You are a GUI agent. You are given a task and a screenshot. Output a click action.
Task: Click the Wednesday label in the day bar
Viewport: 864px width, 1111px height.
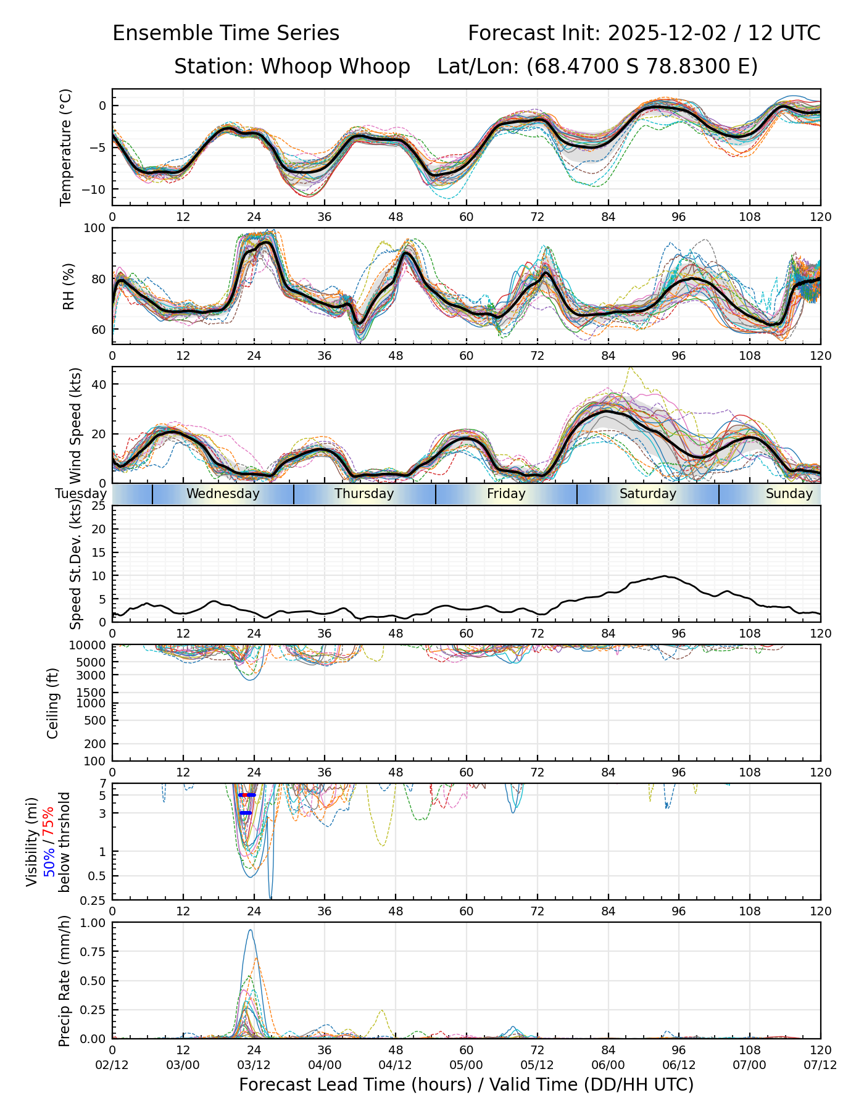223,494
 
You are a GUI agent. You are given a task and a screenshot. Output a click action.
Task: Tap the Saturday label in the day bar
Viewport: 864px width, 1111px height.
648,494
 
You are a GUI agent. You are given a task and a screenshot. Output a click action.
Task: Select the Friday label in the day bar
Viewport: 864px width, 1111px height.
506,494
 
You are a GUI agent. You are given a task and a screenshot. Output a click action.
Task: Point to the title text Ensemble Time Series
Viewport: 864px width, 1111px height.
226,33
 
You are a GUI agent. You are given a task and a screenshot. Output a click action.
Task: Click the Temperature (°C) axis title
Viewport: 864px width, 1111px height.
66,147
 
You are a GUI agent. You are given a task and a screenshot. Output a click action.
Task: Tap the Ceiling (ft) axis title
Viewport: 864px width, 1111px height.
53,703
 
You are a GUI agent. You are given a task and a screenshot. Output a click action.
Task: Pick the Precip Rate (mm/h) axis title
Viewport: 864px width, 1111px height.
64,981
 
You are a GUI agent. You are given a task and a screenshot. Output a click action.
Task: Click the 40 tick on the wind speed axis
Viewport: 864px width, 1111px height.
99,384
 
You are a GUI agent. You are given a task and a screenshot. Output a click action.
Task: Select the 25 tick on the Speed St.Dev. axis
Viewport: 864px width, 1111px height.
99,506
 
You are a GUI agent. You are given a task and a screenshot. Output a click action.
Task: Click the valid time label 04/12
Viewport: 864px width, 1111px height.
395,1065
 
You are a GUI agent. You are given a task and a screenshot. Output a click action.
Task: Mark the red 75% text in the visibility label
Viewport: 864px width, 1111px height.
49,824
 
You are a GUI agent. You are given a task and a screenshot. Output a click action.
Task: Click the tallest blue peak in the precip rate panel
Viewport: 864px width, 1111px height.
250,931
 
